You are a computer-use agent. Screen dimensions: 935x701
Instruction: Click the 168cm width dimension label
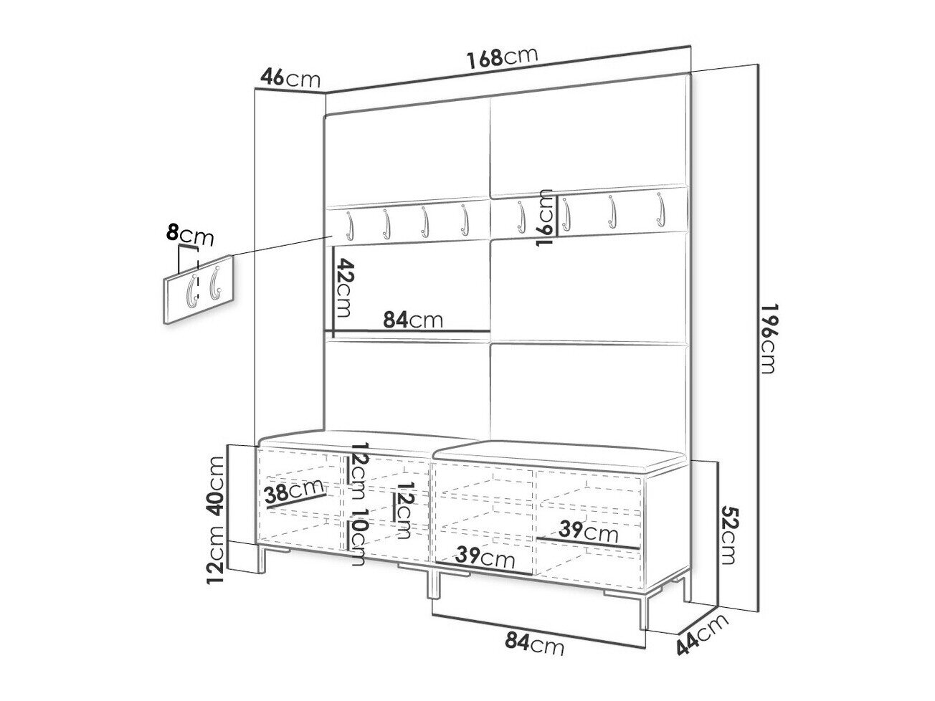tap(502, 58)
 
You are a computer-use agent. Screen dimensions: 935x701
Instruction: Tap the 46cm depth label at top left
tap(290, 78)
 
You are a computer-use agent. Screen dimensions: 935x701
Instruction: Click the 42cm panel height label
tap(344, 287)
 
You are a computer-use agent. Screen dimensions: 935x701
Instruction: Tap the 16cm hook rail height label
tap(546, 217)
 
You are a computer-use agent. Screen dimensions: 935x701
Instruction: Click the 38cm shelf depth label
tap(293, 492)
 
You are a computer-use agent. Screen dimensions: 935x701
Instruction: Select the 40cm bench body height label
tap(217, 486)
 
